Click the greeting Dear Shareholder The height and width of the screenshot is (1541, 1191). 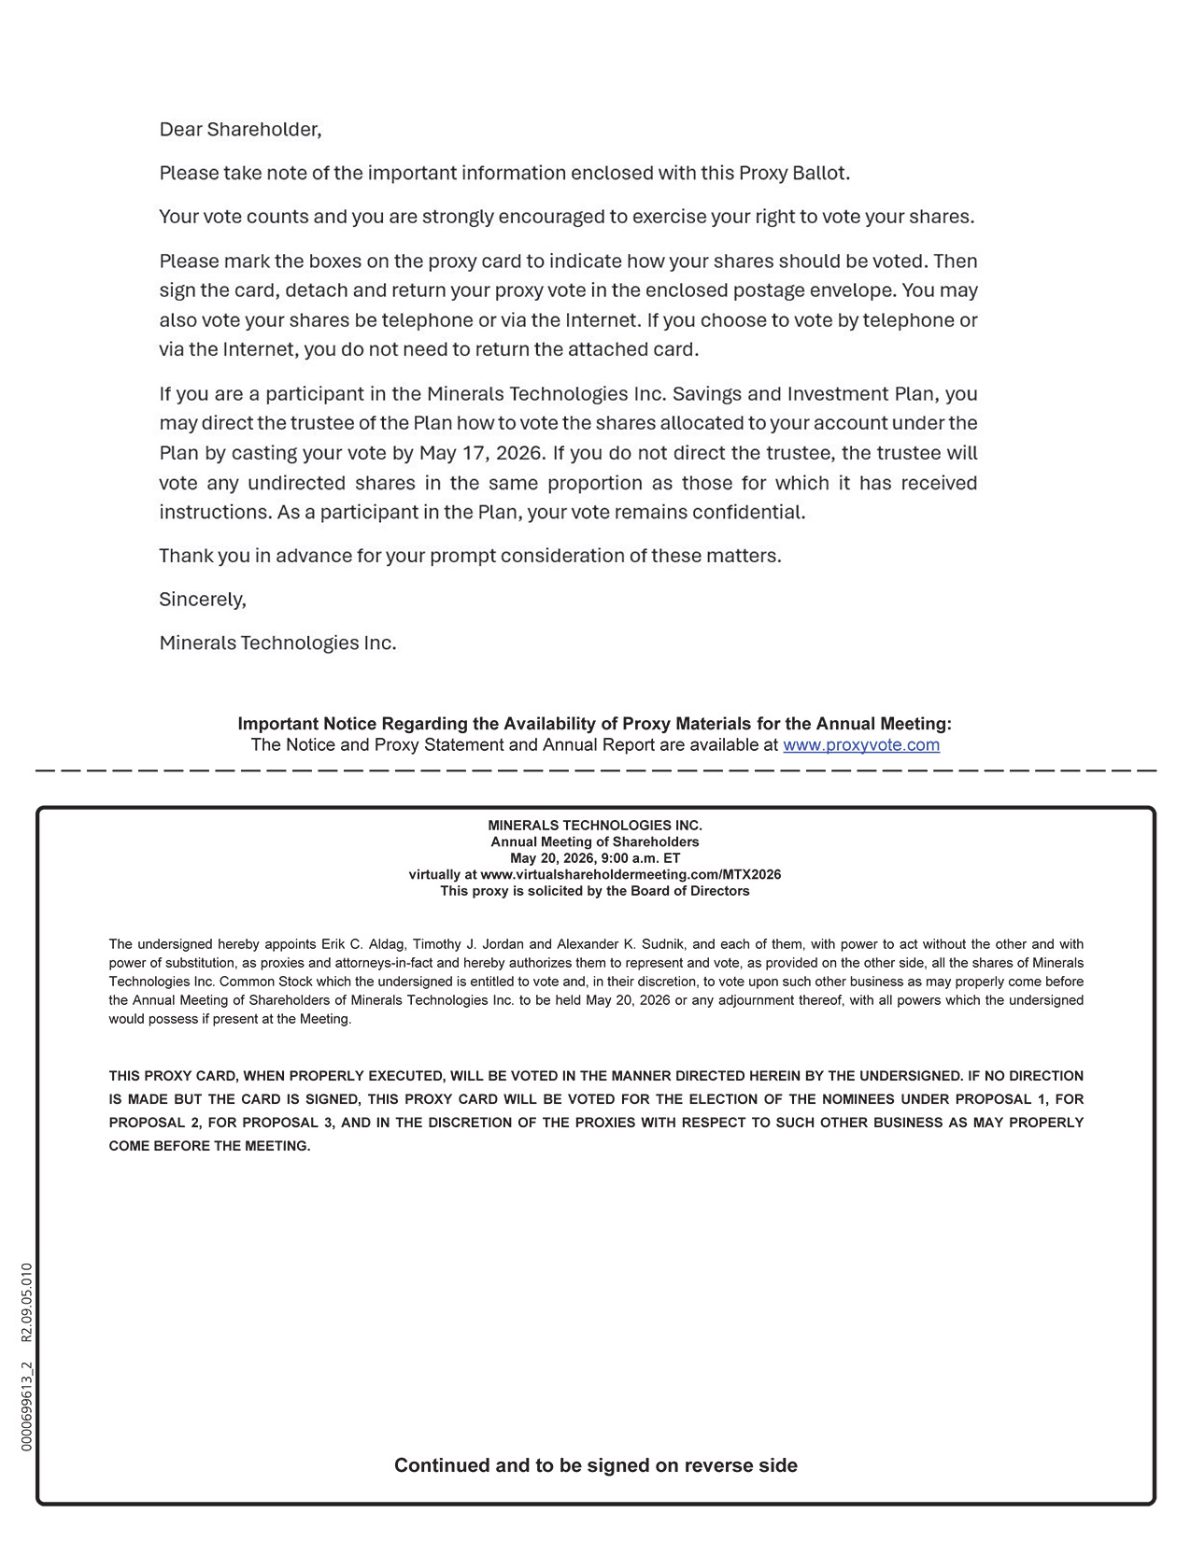click(x=240, y=130)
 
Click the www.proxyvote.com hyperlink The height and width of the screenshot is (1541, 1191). click(x=860, y=745)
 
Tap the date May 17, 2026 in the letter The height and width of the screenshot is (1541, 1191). click(x=480, y=453)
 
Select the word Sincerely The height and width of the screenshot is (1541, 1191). click(x=202, y=600)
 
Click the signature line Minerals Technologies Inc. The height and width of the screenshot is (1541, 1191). click(x=277, y=643)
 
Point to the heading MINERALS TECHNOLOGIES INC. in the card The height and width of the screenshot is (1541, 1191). click(x=594, y=826)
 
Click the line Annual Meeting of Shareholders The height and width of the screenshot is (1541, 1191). click(x=594, y=842)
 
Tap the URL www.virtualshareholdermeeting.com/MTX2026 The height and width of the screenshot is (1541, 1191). click(x=631, y=875)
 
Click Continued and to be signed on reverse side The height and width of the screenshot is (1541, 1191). click(x=595, y=1465)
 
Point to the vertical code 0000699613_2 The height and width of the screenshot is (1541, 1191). click(x=27, y=1406)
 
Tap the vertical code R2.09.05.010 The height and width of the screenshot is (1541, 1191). click(x=27, y=1302)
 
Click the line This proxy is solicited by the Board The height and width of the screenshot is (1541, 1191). click(x=594, y=891)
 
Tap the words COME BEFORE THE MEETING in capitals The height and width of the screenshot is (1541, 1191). click(x=209, y=1146)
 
